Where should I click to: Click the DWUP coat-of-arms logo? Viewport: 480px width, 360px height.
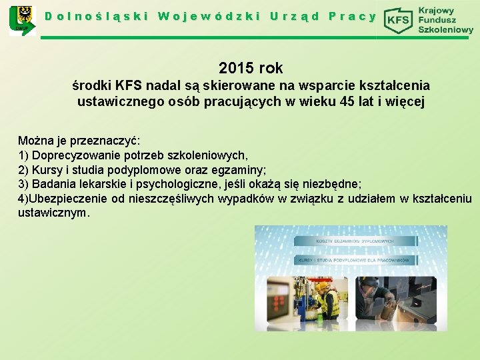tap(21, 20)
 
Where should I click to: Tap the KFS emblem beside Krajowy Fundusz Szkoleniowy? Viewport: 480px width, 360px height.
tap(399, 20)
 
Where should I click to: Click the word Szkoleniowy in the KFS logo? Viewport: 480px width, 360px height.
tap(445, 30)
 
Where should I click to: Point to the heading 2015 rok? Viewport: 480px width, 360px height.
tap(251, 68)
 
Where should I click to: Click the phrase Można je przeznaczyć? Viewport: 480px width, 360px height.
tap(79, 141)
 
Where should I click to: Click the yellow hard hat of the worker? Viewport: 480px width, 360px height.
tap(322, 286)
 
